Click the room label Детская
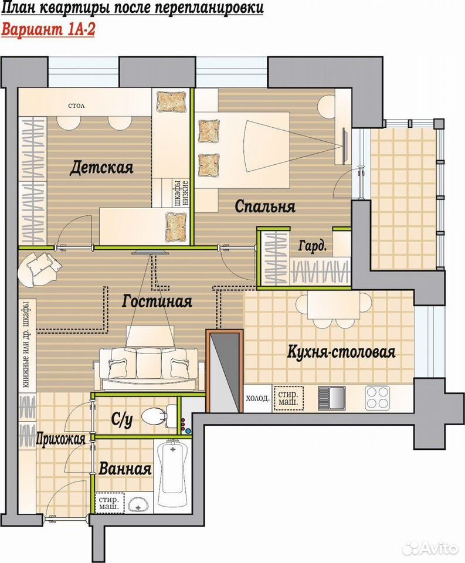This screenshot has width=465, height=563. [x=101, y=168]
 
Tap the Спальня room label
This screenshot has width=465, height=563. [x=265, y=206]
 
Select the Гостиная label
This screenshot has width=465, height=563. [x=157, y=301]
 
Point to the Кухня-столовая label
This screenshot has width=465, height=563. [x=341, y=351]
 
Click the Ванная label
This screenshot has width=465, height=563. [x=124, y=469]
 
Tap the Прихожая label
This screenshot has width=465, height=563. [x=60, y=439]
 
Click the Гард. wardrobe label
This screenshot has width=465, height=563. [x=313, y=246]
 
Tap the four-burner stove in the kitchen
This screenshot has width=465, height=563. [x=378, y=398]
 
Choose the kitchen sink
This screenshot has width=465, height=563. [x=331, y=398]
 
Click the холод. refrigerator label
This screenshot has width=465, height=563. [x=258, y=398]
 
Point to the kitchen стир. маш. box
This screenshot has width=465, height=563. [x=288, y=398]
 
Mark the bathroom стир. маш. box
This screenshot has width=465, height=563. [x=109, y=503]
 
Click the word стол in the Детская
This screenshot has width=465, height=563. [x=76, y=106]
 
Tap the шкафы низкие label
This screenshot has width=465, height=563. [x=182, y=192]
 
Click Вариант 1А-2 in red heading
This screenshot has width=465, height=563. [x=48, y=30]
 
